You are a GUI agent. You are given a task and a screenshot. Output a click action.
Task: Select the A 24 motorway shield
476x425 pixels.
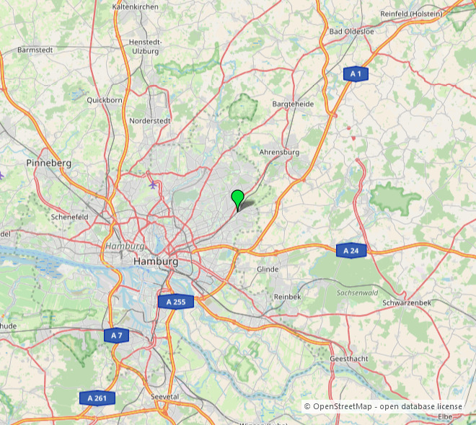(351, 250)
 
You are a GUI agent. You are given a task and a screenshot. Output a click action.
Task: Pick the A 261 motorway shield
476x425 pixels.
(97, 398)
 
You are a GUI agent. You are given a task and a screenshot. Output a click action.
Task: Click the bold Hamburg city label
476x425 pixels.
(156, 261)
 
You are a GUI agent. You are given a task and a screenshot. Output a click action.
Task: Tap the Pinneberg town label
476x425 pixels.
(49, 164)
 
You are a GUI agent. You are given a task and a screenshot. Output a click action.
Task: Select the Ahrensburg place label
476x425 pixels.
(278, 153)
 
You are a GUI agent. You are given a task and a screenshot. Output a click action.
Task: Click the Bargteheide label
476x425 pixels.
(293, 104)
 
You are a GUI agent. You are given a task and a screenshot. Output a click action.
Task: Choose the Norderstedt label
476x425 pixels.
(150, 121)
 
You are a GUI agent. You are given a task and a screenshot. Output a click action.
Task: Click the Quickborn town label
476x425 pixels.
(104, 100)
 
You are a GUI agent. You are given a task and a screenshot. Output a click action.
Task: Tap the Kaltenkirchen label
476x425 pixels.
(136, 6)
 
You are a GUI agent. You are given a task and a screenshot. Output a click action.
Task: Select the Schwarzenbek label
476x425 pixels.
(407, 303)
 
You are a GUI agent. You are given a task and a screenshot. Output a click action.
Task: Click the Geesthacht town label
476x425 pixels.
(350, 359)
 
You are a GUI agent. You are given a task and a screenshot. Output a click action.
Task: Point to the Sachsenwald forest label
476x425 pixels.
(358, 293)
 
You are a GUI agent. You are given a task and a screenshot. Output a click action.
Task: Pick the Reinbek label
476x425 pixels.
(288, 297)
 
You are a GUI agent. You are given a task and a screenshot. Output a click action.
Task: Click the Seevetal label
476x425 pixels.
(164, 397)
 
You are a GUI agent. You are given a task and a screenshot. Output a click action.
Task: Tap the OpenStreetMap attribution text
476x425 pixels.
(382, 407)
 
